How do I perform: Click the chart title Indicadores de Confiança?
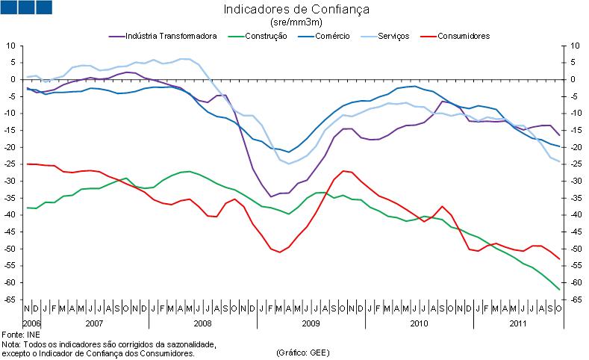(296, 10)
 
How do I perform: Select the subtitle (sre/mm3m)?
(296, 22)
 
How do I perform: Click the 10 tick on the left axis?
(12, 46)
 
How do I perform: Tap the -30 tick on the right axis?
(576, 181)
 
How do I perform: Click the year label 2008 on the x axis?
(202, 323)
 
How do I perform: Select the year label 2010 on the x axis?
(418, 323)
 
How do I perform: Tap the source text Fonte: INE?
(21, 334)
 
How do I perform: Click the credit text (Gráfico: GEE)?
(302, 353)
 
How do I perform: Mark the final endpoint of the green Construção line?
(559, 289)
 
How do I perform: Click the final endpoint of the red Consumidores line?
(559, 258)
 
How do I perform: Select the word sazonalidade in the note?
(189, 344)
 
